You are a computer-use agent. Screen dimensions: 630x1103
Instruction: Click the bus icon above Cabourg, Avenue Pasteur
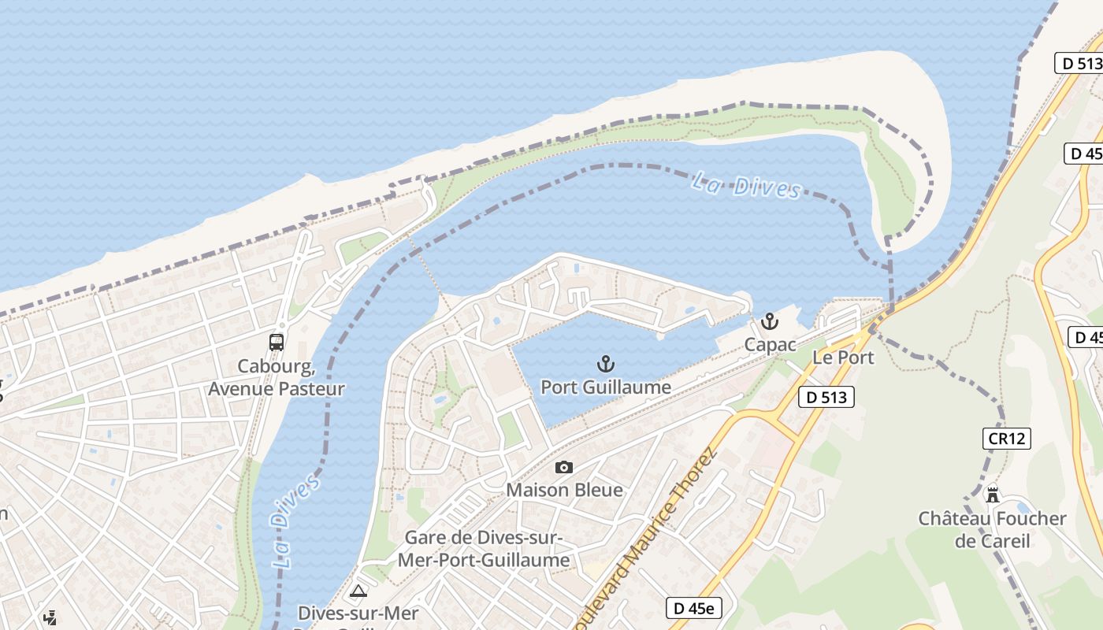277,343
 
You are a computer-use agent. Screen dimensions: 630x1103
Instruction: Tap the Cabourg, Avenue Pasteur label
277,378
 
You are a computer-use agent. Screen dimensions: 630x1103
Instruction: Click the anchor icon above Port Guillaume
605,364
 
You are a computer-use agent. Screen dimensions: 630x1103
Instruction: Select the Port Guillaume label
605,387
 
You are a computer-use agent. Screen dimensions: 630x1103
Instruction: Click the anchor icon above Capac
769,321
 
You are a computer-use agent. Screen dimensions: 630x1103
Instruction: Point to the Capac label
770,345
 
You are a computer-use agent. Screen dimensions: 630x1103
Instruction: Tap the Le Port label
843,358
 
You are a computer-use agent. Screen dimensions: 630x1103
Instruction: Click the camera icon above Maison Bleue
564,468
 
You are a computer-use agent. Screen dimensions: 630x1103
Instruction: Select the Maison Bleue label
564,490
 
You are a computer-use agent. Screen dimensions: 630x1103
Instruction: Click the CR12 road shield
1006,439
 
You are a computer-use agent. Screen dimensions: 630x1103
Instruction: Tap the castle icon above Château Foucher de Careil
993,495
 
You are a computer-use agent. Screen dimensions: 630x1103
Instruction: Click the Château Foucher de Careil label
992,529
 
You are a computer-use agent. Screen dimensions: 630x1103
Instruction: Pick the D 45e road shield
693,608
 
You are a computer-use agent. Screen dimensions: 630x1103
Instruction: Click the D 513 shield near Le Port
826,398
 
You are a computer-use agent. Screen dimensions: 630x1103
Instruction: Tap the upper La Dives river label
746,186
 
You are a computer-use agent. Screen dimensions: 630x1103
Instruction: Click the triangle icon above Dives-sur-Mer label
358,591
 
